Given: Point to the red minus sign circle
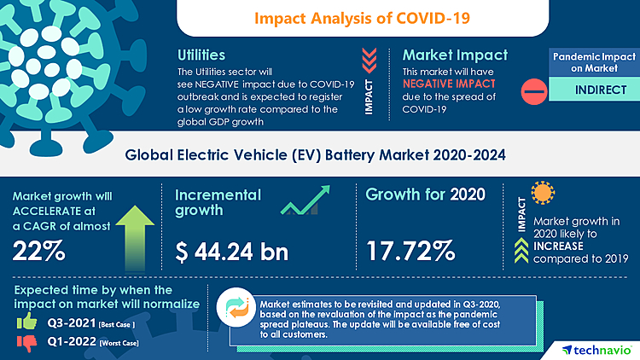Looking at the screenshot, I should tap(532, 90).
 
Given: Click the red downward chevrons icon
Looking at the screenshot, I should tap(369, 59).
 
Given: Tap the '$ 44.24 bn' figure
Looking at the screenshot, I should tap(231, 252).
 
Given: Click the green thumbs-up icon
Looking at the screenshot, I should tap(26, 323).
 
